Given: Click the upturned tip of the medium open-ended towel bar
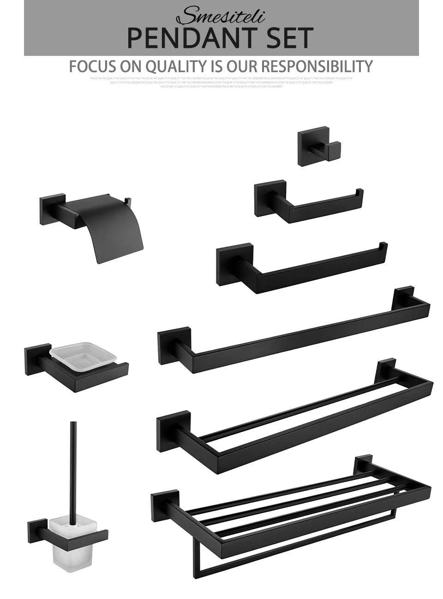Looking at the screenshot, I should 383,246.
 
